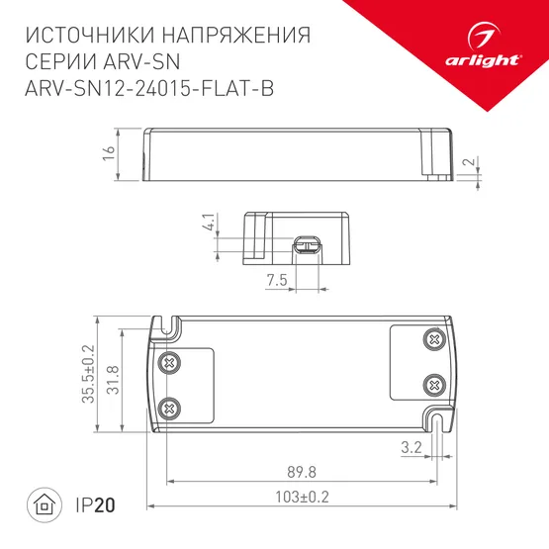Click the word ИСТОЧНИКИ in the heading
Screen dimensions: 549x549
pyautogui.click(x=91, y=37)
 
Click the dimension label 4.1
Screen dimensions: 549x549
pyautogui.click(x=209, y=223)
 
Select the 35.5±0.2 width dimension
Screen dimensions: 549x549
pyautogui.click(x=88, y=374)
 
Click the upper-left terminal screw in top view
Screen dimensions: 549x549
pyautogui.click(x=169, y=362)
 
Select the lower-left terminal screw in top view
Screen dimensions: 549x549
pyautogui.click(x=169, y=406)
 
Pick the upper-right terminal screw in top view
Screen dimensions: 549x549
pyautogui.click(x=432, y=339)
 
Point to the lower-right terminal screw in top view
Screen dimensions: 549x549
pyautogui.click(x=432, y=383)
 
